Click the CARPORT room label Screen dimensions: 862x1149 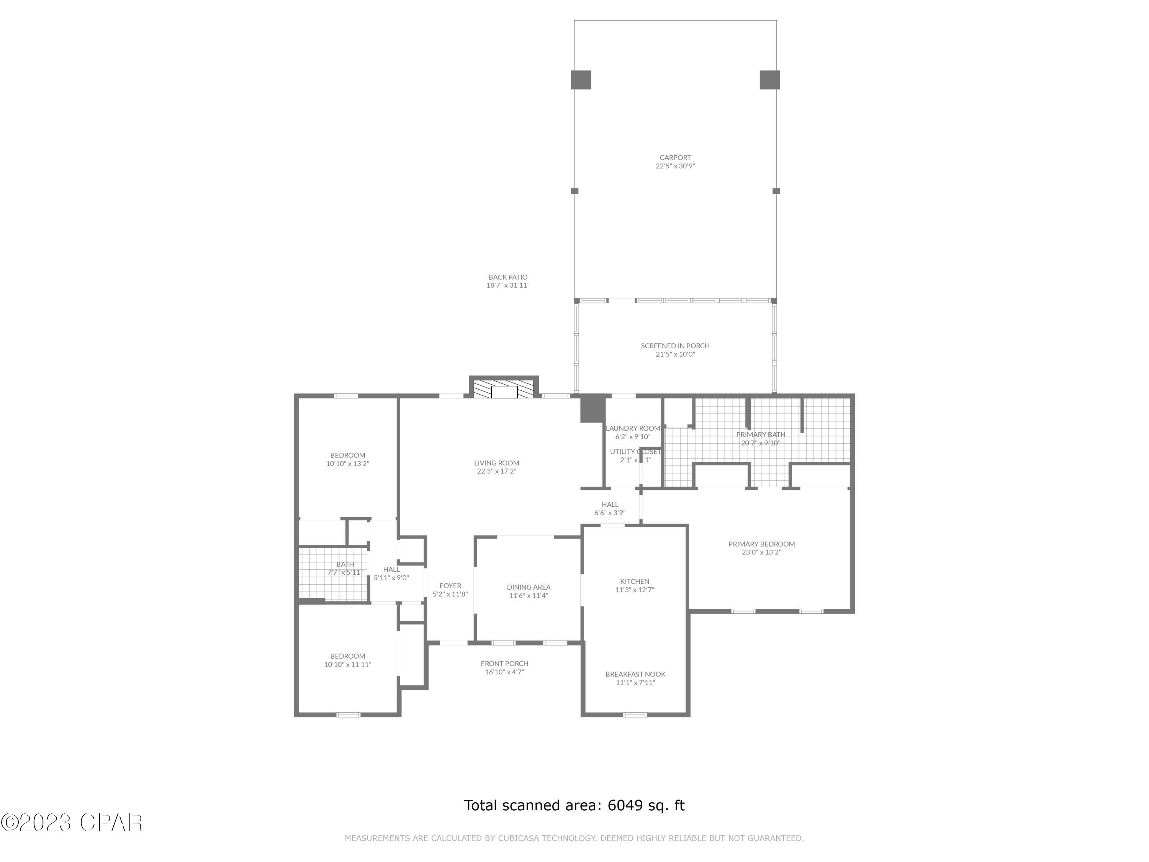click(675, 158)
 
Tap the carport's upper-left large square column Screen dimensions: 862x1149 click(581, 80)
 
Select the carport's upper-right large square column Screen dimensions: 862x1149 click(769, 80)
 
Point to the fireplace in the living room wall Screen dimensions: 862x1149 click(504, 389)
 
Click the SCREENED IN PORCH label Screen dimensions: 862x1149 click(675, 346)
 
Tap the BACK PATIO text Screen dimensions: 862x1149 click(507, 277)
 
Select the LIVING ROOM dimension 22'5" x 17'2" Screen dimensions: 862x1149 click(497, 472)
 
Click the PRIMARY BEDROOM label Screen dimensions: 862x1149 click(761, 544)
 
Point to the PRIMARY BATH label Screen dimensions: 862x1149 click(761, 434)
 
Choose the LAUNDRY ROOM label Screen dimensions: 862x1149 click(632, 429)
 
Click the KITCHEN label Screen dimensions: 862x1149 click(634, 582)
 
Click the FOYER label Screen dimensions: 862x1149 click(450, 585)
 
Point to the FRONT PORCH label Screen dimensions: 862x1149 click(504, 664)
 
